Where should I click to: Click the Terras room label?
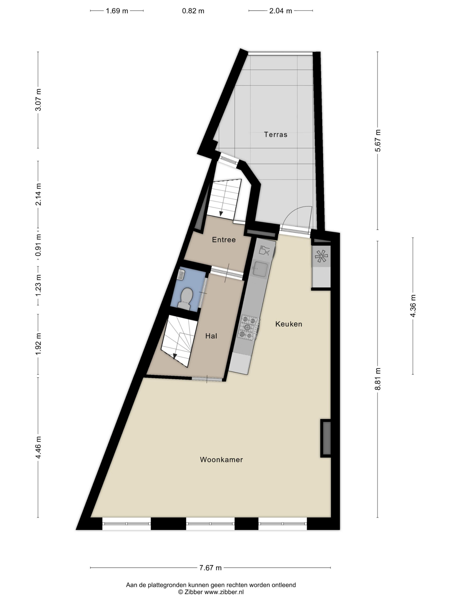(275, 135)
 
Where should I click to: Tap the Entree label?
(224, 240)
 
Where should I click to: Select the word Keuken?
(289, 324)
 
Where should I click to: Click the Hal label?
(211, 336)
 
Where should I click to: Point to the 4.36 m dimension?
(413, 306)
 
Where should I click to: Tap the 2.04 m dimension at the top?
(280, 11)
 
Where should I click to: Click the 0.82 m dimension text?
(193, 11)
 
